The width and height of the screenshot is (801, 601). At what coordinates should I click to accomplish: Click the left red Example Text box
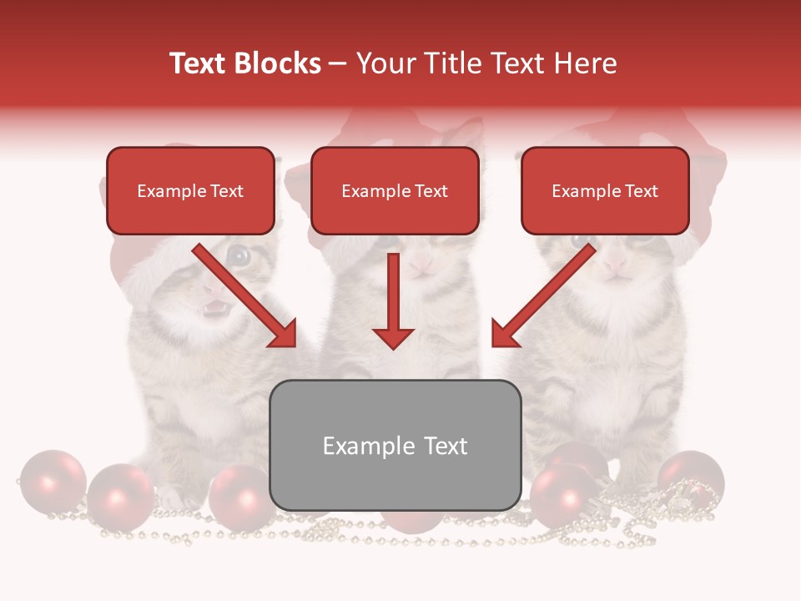coord(190,190)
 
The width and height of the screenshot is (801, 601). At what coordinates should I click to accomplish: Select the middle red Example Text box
coord(395,190)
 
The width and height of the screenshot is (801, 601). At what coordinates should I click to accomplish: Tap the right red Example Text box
coord(605,190)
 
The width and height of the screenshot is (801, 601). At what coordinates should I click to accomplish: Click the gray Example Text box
coord(395,445)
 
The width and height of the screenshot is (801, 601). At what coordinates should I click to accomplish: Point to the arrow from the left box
coord(246,296)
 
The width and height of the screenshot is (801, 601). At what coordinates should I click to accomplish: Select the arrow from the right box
coord(542,296)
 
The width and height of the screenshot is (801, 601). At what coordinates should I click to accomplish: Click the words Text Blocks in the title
coord(244,63)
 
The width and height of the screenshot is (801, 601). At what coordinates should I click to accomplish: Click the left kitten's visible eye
coord(239,256)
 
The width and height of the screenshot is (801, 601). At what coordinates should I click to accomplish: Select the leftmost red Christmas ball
coord(52,482)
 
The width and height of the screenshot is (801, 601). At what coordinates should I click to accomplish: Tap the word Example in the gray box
coord(357,446)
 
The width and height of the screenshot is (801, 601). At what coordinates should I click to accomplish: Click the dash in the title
coord(338,63)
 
